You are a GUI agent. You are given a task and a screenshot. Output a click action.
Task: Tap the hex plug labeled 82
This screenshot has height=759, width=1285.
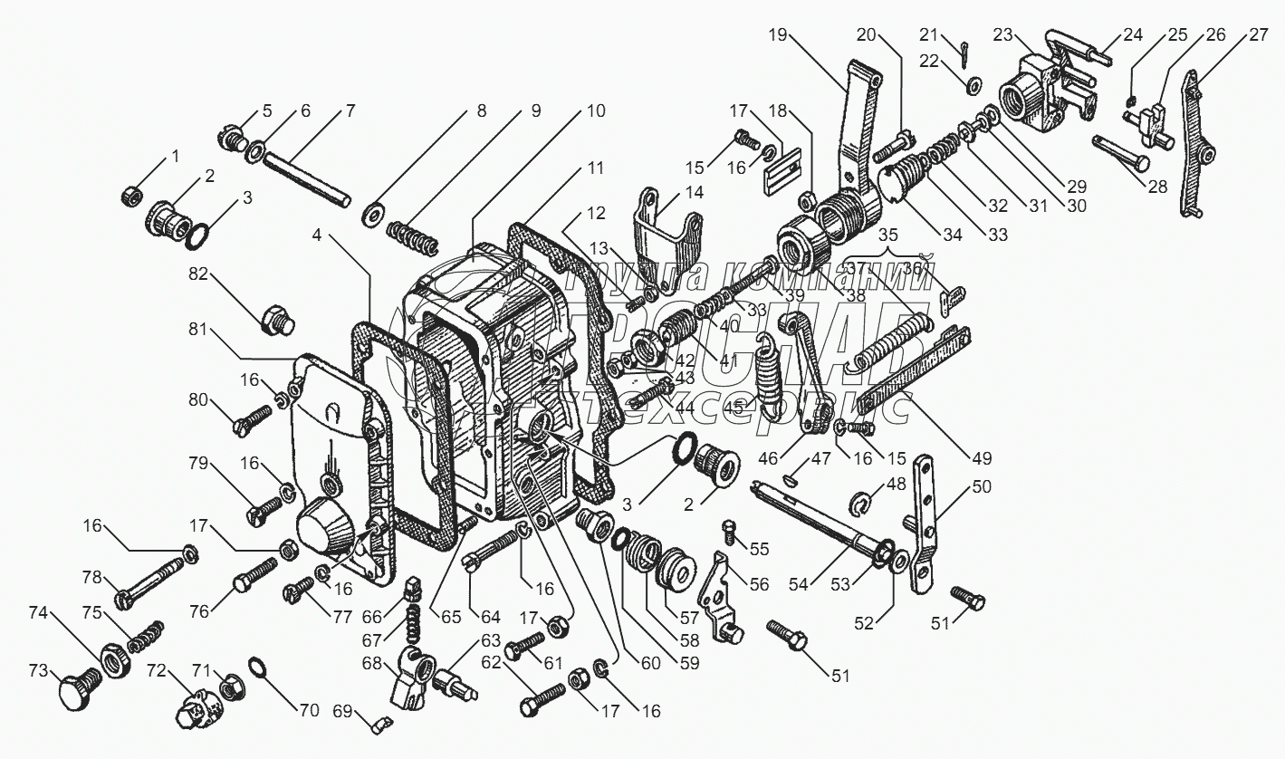click(273, 319)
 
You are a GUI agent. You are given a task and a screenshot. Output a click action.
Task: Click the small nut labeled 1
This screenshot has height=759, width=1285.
click(129, 195)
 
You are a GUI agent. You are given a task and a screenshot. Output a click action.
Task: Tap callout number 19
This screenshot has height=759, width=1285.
click(777, 37)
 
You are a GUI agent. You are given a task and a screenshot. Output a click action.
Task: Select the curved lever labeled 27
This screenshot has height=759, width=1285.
click(1192, 149)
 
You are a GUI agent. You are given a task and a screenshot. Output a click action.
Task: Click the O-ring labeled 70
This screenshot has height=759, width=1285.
click(257, 669)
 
